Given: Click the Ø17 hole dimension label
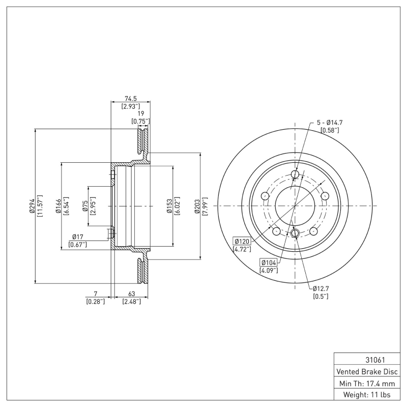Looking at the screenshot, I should pyautogui.click(x=77, y=237).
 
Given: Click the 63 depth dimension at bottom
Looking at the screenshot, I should pyautogui.click(x=131, y=294).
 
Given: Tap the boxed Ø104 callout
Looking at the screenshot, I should pyautogui.click(x=269, y=263).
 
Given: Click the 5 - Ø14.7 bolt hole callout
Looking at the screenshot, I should pyautogui.click(x=330, y=123).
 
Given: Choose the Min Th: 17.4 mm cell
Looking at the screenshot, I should pyautogui.click(x=366, y=383).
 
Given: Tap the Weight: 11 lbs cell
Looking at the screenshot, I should pyautogui.click(x=366, y=394).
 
